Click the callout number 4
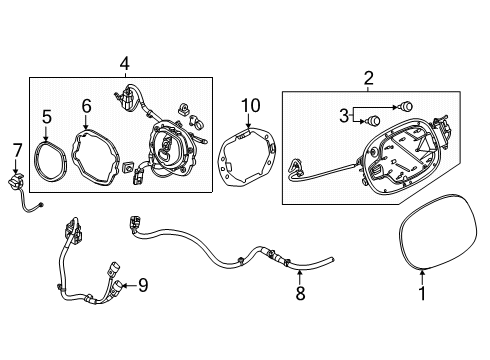click(125, 63)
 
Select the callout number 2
click(368, 78)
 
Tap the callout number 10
click(251, 106)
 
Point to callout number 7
click(17, 150)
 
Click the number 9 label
click(143, 285)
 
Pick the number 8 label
click(300, 293)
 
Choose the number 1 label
click(422, 293)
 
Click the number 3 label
click(344, 115)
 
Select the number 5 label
click(47, 117)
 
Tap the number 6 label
click(86, 106)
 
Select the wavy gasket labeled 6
click(74, 157)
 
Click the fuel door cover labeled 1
click(399, 233)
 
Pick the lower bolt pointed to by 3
click(373, 120)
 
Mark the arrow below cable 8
click(300, 276)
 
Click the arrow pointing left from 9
click(130, 286)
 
